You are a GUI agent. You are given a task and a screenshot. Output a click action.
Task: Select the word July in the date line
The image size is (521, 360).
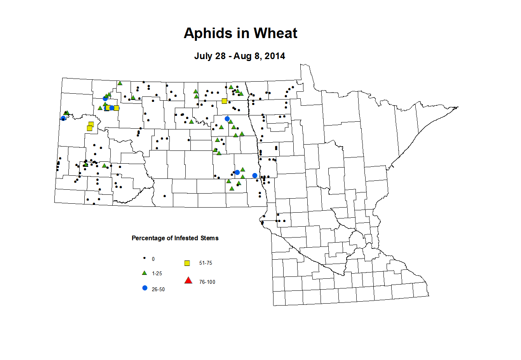click(204, 56)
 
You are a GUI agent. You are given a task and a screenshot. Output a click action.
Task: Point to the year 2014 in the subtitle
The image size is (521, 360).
click(275, 56)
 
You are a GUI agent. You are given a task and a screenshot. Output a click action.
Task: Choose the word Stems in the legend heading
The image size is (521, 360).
click(209, 238)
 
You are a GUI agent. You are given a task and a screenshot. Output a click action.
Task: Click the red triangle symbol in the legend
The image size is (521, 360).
click(188, 280)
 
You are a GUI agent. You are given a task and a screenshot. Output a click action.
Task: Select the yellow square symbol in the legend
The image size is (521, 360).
click(187, 263)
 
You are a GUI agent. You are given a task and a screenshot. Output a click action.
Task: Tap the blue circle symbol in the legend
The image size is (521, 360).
click(145, 288)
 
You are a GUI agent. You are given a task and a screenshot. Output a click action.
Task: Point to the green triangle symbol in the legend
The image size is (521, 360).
click(145, 273)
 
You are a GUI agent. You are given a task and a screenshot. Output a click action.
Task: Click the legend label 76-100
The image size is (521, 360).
click(207, 282)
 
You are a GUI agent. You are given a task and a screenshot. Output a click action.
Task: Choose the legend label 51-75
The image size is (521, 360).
click(206, 263)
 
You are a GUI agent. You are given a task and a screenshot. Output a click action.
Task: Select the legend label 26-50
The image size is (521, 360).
click(158, 290)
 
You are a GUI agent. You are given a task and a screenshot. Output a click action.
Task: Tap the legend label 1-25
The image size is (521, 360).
click(157, 274)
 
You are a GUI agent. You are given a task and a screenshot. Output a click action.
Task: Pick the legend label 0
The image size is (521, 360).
click(153, 259)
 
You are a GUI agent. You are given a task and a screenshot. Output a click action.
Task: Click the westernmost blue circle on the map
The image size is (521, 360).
click(63, 118)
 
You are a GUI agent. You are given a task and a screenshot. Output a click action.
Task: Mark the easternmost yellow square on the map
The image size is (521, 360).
click(224, 101)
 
